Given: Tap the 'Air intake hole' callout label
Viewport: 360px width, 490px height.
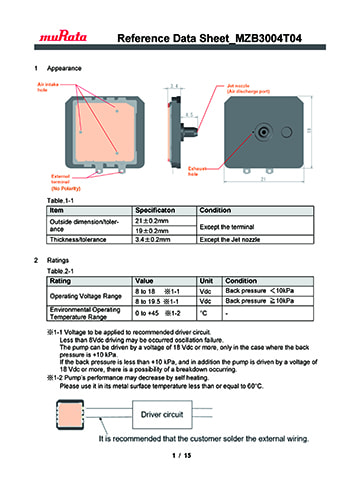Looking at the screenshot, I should (35, 89).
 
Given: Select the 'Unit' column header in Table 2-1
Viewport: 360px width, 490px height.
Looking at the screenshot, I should (209, 281).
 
